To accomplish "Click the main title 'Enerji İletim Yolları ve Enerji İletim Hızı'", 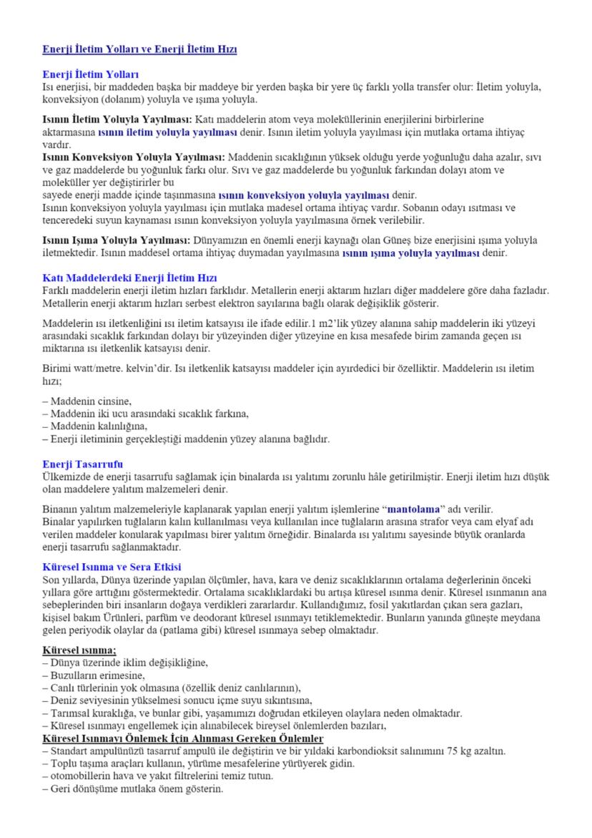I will [x=139, y=49].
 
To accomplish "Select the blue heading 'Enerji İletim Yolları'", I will [x=91, y=74].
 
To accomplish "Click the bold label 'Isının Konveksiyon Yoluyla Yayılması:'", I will [x=134, y=156].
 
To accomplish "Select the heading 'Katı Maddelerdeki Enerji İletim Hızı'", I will [x=129, y=278].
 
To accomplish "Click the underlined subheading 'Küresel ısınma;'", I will [x=79, y=650].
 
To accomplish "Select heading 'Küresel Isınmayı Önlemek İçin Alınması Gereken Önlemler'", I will [x=183, y=738].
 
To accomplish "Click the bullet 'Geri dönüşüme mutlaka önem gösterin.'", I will [x=132, y=789].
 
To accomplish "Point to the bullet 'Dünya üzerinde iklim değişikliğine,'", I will [x=126, y=663].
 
